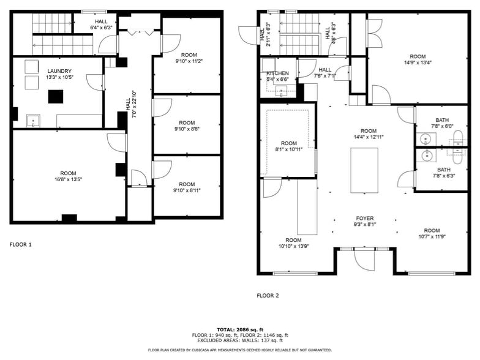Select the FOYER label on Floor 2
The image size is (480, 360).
365,219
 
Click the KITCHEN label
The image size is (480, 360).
277,73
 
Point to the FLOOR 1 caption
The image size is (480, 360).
20,245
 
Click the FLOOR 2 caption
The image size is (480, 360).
268,296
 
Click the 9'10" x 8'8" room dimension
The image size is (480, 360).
187,129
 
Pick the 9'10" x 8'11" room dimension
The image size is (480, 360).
187,191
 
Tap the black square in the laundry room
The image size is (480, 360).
57,97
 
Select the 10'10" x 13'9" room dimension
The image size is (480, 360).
293,246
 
